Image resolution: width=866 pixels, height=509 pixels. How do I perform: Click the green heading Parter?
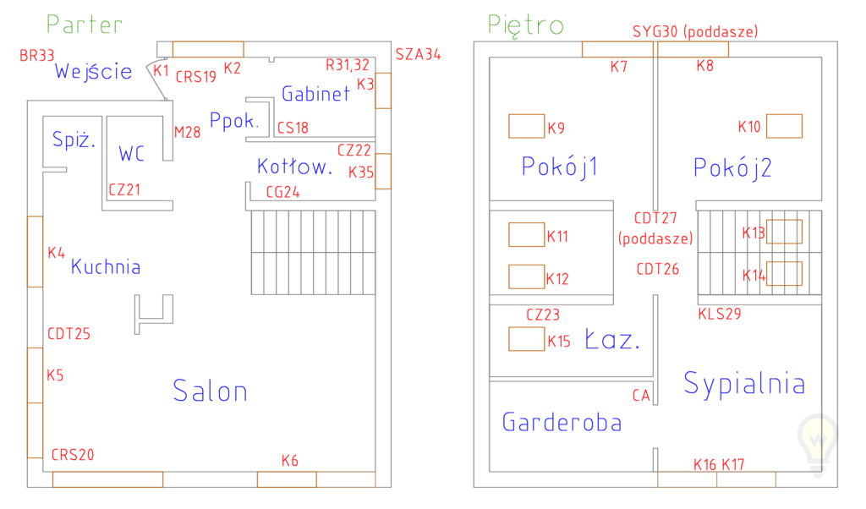[x=85, y=25]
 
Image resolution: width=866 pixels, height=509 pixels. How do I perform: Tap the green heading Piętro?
[x=525, y=25]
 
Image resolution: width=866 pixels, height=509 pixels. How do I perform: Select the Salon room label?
[x=210, y=391]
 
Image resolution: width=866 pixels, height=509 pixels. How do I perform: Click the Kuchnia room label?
[x=106, y=267]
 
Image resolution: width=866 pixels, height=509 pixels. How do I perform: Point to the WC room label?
[x=131, y=154]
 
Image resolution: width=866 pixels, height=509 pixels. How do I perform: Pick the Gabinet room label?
[x=315, y=94]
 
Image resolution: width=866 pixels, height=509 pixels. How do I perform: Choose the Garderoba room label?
[x=562, y=422]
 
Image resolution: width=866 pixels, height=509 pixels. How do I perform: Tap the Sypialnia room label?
[x=744, y=384]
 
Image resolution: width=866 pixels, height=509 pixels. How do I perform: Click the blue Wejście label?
[x=93, y=71]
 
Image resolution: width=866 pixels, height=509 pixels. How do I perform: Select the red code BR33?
[x=37, y=56]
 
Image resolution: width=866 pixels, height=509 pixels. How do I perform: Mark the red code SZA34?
[x=418, y=55]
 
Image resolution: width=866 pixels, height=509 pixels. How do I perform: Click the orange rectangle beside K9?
[x=526, y=126]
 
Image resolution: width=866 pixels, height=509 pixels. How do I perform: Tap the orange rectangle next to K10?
[x=784, y=126]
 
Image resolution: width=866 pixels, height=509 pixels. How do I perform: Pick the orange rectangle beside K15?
[x=526, y=339]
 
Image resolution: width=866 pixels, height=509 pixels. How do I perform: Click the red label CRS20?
[x=73, y=455]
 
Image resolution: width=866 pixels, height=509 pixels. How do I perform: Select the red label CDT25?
[x=69, y=334]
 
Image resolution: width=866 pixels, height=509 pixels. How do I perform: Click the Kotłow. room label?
[x=294, y=167]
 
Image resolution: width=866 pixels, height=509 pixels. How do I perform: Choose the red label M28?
[x=187, y=132]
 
